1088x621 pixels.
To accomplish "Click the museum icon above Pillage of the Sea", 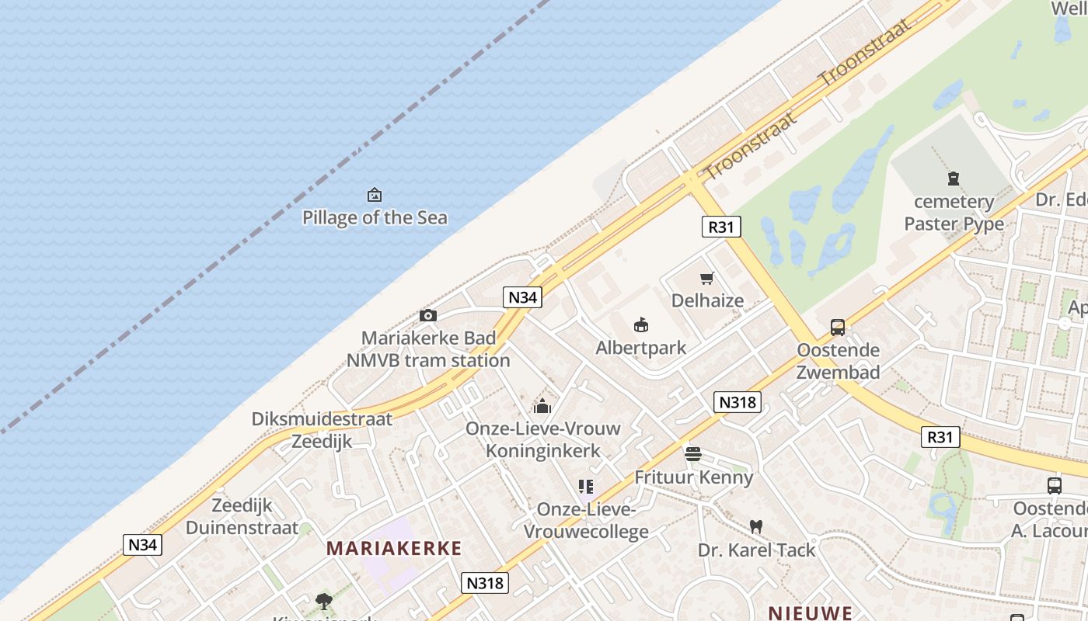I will click(375, 194).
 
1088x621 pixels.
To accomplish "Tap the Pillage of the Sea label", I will click(375, 217).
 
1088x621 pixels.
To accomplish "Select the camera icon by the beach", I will click(427, 315).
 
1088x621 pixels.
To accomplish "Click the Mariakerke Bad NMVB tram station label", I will click(428, 349).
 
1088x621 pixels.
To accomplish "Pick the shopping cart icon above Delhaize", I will click(707, 278).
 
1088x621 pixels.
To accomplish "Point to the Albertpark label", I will click(641, 348).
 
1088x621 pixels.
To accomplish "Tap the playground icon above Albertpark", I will click(641, 324).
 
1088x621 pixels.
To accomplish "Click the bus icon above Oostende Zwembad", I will click(838, 328).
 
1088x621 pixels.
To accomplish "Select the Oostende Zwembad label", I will click(839, 361).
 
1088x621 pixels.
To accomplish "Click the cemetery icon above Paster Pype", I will click(954, 179).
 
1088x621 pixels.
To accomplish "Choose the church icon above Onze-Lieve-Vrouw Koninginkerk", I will click(542, 406).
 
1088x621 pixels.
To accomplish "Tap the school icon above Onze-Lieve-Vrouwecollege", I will click(586, 487).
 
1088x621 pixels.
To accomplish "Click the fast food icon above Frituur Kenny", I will click(693, 454).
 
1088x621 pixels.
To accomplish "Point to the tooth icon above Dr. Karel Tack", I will click(755, 526).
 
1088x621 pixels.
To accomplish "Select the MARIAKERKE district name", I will click(394, 548).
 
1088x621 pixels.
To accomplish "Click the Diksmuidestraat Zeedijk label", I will click(322, 430).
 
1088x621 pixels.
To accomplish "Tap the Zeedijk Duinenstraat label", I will click(242, 516).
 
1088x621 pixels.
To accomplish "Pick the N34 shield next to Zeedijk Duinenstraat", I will click(143, 544).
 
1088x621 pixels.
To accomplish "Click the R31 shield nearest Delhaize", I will click(721, 227).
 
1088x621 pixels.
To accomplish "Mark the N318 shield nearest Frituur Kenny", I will click(737, 401).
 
